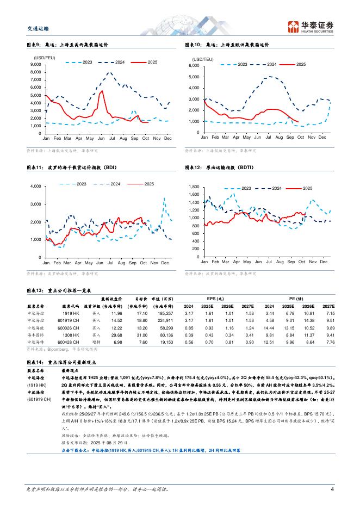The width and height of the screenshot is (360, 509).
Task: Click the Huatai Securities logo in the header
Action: point(311,26)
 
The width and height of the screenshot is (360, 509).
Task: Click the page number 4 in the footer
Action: point(332,489)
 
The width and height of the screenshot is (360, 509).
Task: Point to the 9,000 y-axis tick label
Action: point(36,65)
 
